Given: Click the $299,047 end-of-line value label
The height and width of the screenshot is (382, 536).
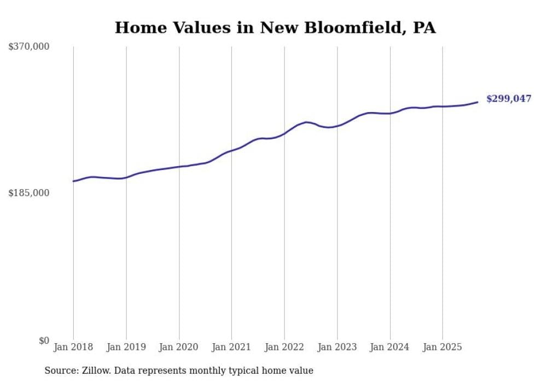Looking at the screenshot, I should (508, 99).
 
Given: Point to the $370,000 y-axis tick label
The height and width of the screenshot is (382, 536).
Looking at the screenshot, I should (28, 46).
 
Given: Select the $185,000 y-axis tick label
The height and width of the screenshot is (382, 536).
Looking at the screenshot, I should (28, 193).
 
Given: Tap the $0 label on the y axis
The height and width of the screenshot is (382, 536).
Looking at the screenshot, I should (44, 340).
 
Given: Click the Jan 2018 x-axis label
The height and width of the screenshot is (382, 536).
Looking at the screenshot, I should (73, 347).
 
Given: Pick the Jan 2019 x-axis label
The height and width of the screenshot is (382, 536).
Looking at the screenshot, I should (126, 347).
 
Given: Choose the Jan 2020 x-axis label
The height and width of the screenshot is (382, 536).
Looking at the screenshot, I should (179, 347).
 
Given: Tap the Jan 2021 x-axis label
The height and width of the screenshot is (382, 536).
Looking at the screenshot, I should (231, 347).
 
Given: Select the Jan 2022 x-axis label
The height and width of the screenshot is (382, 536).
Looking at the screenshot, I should (284, 347).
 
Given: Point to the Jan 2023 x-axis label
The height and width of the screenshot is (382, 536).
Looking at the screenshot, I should (337, 347).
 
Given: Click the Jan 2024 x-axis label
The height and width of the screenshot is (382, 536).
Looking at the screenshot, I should (390, 347).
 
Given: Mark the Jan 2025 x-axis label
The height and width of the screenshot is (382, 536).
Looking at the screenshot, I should (442, 347).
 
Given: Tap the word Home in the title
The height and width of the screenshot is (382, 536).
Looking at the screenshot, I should (137, 27).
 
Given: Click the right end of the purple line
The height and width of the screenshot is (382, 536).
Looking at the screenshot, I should (477, 102).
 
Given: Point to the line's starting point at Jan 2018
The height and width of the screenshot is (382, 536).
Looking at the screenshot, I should (73, 181).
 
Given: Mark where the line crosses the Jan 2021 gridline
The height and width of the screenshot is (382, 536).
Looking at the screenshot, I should (231, 150).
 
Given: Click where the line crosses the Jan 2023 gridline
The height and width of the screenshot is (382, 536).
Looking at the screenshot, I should (337, 126).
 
